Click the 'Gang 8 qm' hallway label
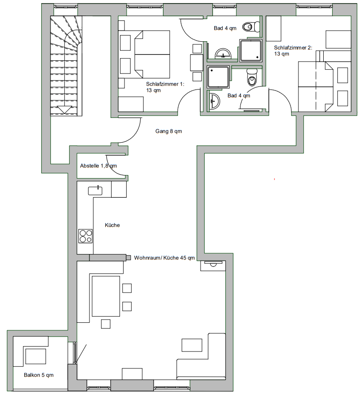coord(169,131)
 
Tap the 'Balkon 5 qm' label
coord(39,375)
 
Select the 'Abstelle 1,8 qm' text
coord(98,166)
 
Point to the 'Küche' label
coord(112,225)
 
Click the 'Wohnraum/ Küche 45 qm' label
coord(164,258)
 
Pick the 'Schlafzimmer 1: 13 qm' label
coord(165,87)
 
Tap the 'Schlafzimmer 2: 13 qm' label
coord(293,51)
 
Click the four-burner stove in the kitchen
coord(85,236)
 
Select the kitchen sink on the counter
coord(95,191)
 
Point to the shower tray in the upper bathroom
coord(251,51)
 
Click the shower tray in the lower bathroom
coord(218,77)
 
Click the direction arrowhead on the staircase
coord(65,110)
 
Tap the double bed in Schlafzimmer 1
coord(152,55)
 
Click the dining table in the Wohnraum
coord(106,296)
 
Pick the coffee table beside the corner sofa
coord(192,345)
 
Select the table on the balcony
coord(36,356)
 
